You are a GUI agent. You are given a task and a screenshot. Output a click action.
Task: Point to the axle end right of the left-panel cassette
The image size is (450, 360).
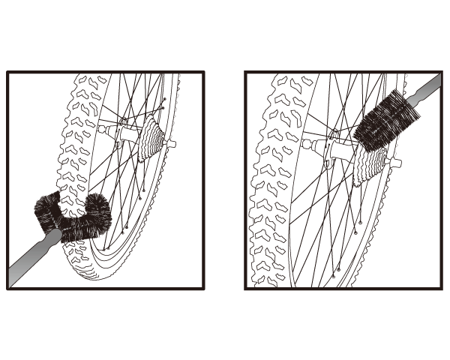pyautogui.click(x=172, y=143)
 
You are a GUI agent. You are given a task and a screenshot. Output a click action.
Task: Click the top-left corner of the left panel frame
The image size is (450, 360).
pyautogui.click(x=7, y=73)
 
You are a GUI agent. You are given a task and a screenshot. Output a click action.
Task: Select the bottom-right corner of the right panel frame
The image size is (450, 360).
pyautogui.click(x=442, y=289)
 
